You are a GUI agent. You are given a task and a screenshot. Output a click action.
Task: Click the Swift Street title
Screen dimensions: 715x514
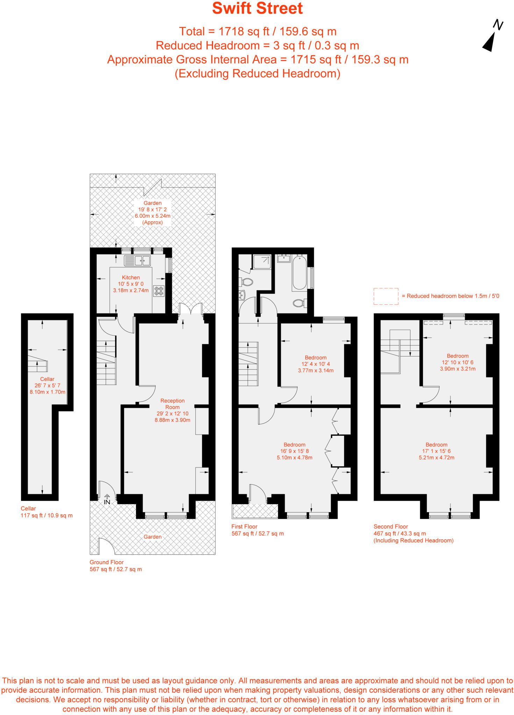tap(257, 8)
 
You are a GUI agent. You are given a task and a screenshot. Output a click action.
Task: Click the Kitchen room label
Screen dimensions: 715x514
tap(131, 278)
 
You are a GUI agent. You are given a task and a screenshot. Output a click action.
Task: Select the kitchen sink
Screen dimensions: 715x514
tap(137, 260)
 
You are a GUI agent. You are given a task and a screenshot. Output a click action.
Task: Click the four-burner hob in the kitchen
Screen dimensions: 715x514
tap(159, 291)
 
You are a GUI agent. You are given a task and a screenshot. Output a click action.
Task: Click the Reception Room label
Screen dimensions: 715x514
tap(172, 404)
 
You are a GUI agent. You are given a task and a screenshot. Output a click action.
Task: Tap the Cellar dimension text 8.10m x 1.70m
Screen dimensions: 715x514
tap(48, 392)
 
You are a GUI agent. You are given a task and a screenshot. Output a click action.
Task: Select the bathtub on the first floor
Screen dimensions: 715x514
tap(299, 273)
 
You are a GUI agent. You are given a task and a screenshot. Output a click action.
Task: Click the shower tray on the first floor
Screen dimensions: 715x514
tap(262, 262)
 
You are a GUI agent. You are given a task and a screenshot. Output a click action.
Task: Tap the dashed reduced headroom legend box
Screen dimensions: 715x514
tap(386, 296)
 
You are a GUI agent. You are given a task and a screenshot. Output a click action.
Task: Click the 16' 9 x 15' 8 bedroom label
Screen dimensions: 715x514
tap(294, 451)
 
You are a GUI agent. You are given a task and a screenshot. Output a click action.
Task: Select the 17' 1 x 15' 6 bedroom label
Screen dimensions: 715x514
tap(436, 451)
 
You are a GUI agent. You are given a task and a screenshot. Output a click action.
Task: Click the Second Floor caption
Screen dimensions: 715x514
tap(391, 526)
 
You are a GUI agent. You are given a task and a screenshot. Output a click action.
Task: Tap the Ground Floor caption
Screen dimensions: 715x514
tap(107, 562)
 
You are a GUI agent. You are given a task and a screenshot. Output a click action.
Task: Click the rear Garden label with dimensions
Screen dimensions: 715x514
tap(152, 213)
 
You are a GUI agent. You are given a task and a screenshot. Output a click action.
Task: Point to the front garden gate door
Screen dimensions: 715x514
tap(106, 546)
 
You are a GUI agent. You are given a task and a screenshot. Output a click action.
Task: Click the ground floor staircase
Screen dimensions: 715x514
tap(106, 363)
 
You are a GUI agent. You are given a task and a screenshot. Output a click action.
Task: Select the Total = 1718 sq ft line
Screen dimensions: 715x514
tap(257, 31)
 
